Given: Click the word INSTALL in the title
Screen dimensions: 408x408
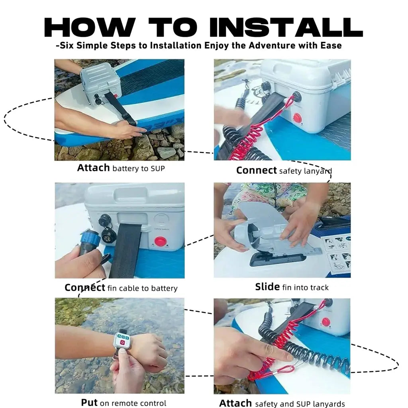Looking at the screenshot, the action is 286,27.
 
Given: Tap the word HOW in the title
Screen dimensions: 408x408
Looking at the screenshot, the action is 90,27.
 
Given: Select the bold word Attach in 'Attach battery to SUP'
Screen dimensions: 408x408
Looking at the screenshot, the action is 93,168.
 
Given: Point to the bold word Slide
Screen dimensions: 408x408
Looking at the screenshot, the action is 267,287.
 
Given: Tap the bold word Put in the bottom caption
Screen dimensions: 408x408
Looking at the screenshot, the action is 89,402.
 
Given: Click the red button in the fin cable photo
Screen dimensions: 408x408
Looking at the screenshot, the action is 160,241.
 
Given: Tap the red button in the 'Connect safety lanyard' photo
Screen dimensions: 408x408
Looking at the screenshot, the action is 297,118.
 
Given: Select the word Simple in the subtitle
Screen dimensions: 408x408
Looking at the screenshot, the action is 93,45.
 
